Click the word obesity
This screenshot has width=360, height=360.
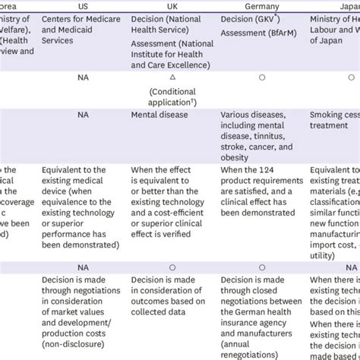pos(237,157)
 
